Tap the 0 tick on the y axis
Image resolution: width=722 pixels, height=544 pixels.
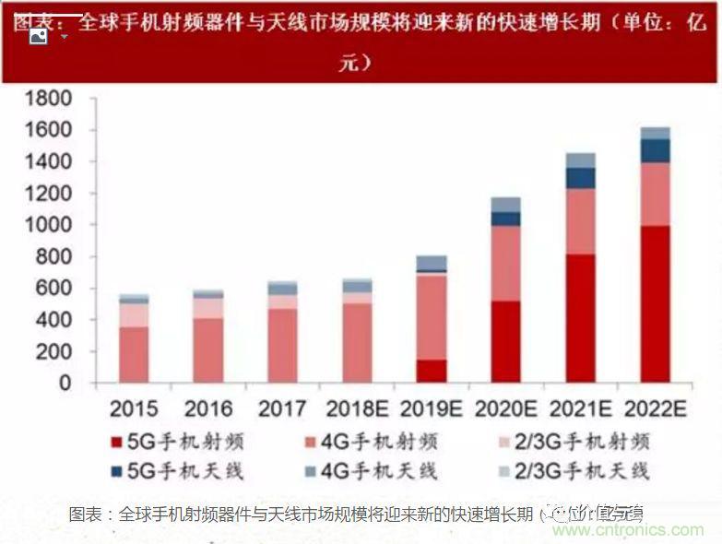click(65, 383)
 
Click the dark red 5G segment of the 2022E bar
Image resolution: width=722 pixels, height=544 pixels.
click(656, 304)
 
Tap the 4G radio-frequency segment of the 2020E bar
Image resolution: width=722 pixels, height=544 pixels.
click(506, 264)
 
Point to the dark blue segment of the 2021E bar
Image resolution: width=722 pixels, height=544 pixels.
click(581, 178)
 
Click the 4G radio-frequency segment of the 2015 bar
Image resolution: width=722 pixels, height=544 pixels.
click(134, 354)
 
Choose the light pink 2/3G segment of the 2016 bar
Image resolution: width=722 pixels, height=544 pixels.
click(208, 308)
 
